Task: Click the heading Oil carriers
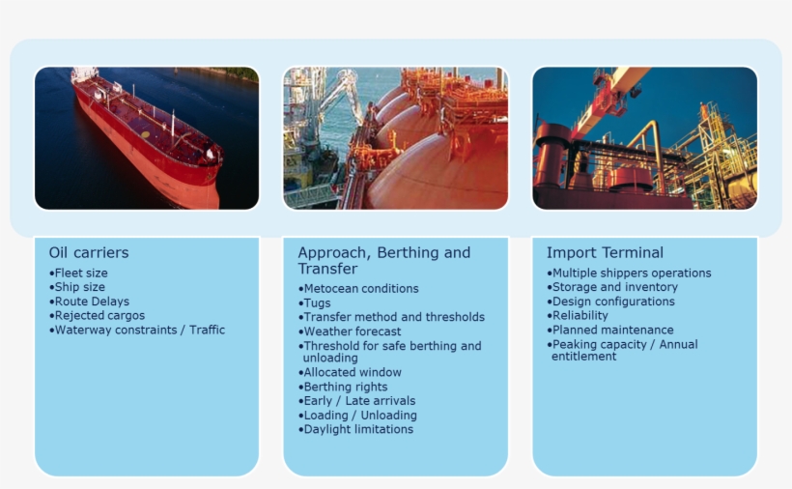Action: click(89, 252)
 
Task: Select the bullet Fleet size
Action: click(78, 273)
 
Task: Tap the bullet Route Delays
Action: click(90, 302)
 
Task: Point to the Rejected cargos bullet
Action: click(97, 316)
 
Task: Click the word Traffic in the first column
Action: click(207, 330)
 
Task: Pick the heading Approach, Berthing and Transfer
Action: click(383, 260)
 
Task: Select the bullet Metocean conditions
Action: click(358, 288)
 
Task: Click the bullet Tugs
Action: click(314, 303)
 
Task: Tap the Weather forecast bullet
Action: click(350, 331)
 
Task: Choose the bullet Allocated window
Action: click(350, 372)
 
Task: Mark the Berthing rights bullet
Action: click(343, 387)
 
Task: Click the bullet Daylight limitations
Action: click(355, 429)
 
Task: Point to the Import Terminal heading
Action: click(606, 252)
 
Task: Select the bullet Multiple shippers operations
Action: click(629, 273)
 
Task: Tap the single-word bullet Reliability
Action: click(578, 316)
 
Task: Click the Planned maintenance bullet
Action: click(610, 330)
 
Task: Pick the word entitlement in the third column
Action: click(584, 357)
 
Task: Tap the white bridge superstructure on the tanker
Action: click(84, 73)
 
